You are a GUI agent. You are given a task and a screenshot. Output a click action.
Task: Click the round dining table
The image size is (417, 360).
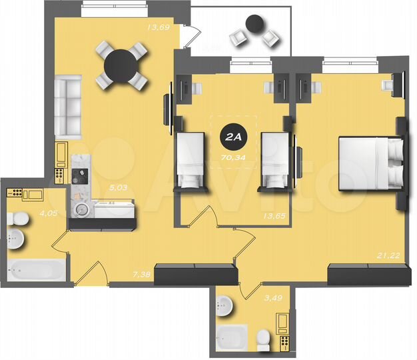[121, 65]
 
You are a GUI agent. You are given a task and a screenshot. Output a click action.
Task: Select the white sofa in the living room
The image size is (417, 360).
[67, 105]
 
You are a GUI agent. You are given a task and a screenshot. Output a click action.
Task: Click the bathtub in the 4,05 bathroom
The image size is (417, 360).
[36, 271]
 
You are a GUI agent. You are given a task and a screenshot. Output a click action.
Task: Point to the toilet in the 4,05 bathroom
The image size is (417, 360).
[19, 218]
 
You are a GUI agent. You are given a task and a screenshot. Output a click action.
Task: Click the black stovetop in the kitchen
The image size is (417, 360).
[79, 176]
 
